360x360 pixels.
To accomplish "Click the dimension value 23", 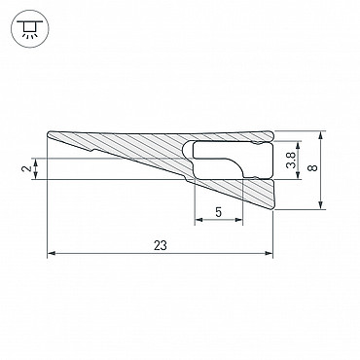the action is (x=161, y=245).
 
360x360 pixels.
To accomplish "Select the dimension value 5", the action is (x=219, y=212).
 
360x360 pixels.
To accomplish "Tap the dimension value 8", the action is (x=313, y=168).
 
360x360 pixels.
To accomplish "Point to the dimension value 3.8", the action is (x=292, y=161).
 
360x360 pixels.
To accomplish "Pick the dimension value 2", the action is (x=27, y=168).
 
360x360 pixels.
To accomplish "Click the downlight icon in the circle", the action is (x=29, y=29).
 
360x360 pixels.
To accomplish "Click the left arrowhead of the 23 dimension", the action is (x=52, y=253).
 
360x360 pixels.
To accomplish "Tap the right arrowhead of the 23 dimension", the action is (x=269, y=253).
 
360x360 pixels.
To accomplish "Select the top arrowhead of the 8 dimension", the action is (x=321, y=135).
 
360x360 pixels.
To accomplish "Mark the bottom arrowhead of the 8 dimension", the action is (x=321, y=205).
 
